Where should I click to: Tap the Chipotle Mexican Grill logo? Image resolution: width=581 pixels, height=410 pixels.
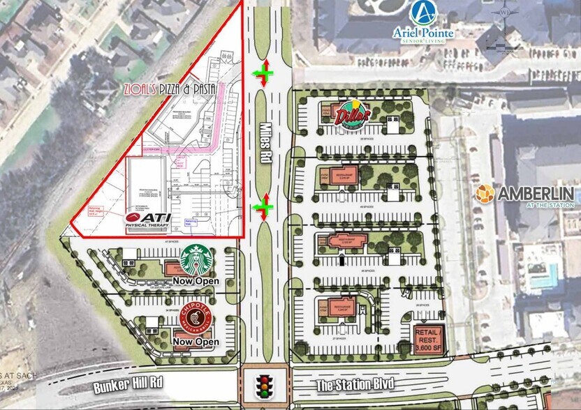198,320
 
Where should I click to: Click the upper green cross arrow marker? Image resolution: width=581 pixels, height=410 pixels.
263,72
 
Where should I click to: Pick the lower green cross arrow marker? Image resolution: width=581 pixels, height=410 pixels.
263,206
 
